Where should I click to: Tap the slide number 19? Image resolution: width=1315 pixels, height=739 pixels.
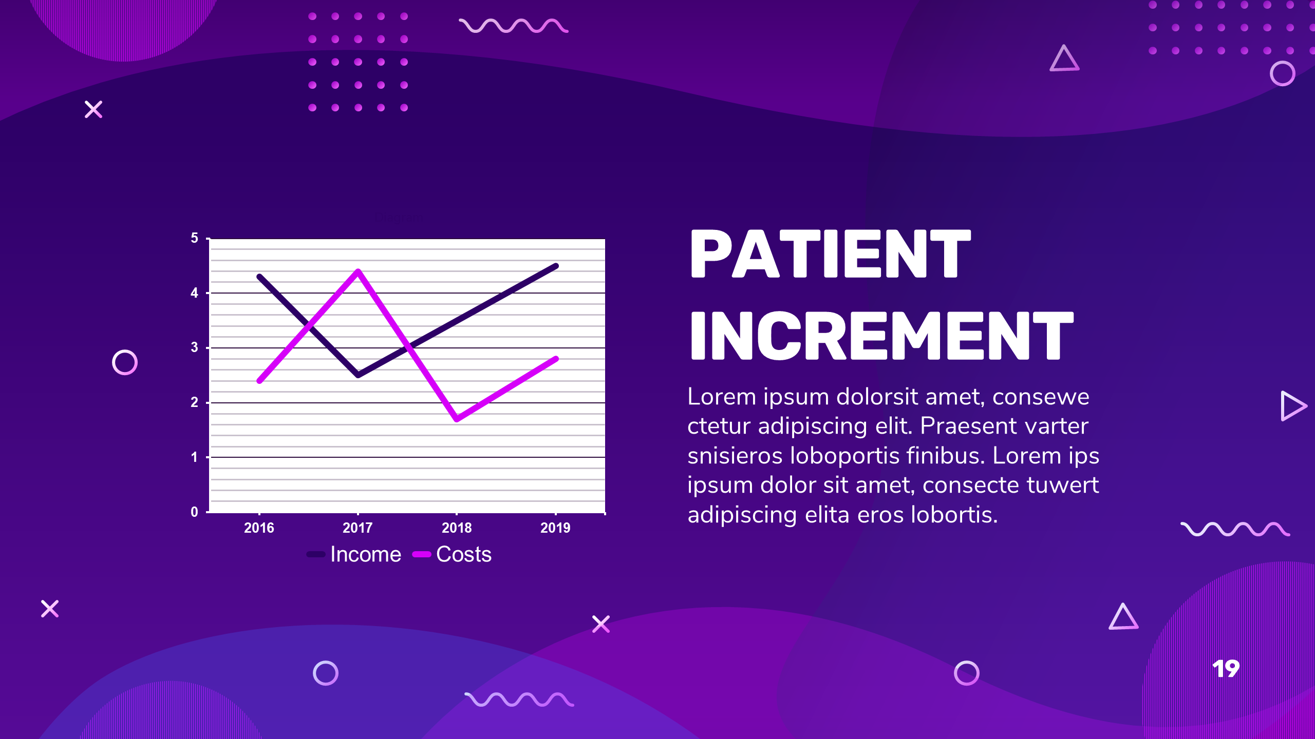1226,669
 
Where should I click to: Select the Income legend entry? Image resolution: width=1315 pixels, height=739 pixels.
354,554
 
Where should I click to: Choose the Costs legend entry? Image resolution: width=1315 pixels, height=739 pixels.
452,554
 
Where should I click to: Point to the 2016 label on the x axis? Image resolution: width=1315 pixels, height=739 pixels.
259,528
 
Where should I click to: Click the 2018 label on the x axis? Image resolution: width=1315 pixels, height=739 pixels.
457,528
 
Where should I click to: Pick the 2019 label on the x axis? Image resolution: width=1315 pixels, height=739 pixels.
555,528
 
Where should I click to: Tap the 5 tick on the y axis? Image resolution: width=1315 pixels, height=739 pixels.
194,238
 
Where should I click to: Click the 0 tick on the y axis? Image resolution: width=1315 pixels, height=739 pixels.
194,512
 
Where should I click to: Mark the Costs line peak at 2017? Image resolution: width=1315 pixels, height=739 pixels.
358,271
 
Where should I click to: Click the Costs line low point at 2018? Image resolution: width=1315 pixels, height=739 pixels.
457,419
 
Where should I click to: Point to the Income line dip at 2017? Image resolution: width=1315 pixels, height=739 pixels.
358,375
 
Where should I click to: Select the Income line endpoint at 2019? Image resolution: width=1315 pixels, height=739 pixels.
556,266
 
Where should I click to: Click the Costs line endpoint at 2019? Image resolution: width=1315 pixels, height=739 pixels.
556,359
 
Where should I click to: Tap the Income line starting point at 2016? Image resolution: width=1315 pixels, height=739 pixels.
260,277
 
